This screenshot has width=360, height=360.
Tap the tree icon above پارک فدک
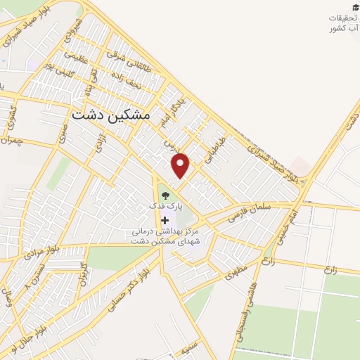[165, 193]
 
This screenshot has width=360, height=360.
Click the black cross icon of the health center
[165, 220]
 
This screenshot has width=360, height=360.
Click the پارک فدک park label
[165, 207]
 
